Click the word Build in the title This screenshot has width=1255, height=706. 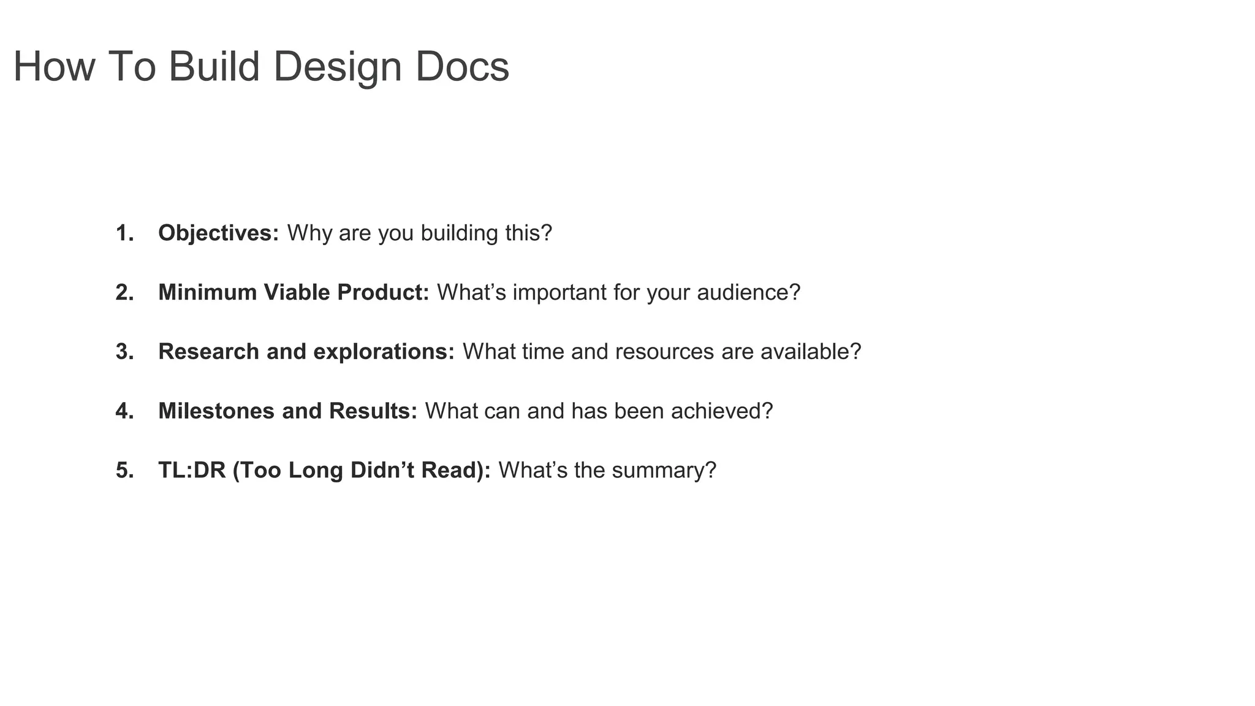tap(214, 66)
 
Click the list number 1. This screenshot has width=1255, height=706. tap(124, 233)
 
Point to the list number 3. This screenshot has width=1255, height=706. tap(124, 352)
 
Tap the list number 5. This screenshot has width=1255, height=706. tap(124, 471)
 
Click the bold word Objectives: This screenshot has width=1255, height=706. tap(219, 233)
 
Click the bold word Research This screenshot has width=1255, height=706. tap(208, 352)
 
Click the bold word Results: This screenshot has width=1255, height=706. tap(373, 411)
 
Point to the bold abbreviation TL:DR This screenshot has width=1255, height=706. tap(192, 471)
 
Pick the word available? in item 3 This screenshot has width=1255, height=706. tap(811, 352)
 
